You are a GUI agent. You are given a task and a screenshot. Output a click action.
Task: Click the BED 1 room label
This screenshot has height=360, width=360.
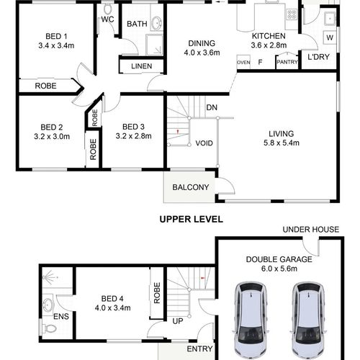coord(56,37)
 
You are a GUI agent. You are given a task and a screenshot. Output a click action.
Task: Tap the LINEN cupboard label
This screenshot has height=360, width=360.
coord(142,66)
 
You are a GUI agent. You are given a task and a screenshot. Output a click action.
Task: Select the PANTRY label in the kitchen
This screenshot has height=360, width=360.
coord(287,62)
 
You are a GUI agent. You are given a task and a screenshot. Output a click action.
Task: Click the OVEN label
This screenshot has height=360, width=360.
coord(243,63)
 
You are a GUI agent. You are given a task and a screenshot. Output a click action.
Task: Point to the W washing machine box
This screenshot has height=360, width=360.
coord(330,37)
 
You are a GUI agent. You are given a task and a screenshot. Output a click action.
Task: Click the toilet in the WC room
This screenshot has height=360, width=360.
coord(108,9)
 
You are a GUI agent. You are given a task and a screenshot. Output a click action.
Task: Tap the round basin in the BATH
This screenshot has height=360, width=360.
coord(157,23)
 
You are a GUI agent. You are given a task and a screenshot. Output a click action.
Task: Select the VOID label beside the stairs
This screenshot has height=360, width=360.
coord(204,143)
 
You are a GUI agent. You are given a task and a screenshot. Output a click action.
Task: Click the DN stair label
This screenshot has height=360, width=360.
coord(212,107)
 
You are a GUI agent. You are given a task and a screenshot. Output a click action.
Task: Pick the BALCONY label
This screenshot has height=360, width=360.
coord(191,187)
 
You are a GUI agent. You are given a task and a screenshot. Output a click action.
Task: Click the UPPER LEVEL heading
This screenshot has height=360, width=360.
coord(192,219)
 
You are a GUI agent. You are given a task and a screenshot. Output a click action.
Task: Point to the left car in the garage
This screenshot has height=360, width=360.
coord(250,320)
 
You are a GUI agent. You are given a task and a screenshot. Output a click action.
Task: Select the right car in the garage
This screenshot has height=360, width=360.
coord(308,320)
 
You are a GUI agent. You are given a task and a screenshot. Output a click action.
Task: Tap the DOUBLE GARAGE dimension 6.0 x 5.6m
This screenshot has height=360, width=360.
coord(279,269)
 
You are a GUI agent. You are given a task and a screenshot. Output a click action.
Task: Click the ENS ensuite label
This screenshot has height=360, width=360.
coord(61,317)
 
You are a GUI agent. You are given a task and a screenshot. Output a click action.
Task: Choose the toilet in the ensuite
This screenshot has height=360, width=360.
coord(50,328)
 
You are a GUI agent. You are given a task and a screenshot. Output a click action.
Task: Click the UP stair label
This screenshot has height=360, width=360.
coord(178,321)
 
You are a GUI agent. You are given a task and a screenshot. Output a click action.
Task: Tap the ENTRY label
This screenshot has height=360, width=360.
coord(199,348)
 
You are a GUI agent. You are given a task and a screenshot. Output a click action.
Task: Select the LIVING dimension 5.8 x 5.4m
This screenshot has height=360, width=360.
coord(282,143)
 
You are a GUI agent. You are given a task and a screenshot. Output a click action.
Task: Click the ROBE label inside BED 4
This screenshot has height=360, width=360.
coord(157,293)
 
